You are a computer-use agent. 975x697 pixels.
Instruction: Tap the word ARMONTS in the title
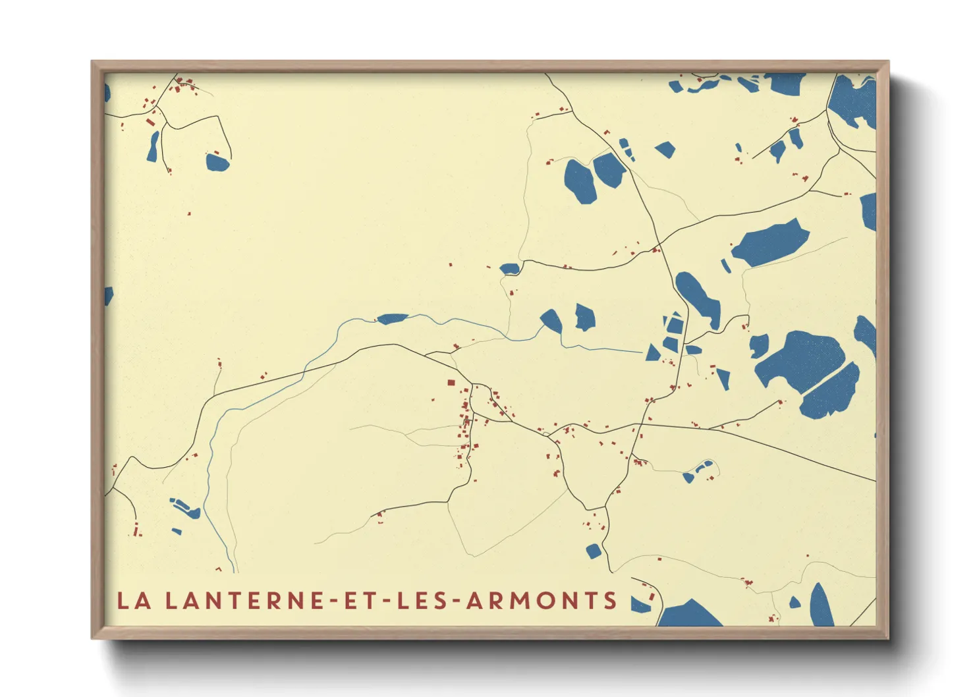(x=542, y=601)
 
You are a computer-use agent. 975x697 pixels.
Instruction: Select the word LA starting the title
(x=134, y=601)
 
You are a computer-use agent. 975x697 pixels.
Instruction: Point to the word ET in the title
(x=360, y=601)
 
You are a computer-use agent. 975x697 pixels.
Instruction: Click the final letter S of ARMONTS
(x=610, y=601)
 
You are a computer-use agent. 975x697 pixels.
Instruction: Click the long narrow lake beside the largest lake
(x=831, y=392)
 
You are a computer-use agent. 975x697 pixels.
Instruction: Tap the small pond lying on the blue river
(x=392, y=319)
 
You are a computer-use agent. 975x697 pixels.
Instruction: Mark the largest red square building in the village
(x=451, y=382)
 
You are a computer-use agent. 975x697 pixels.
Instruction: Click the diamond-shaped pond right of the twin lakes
(x=665, y=150)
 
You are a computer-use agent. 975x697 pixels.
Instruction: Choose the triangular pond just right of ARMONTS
(x=639, y=604)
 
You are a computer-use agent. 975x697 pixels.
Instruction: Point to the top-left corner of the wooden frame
(x=92, y=62)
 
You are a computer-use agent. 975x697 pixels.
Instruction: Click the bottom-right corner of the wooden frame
(x=887, y=638)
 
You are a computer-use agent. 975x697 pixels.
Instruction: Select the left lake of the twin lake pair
(x=580, y=181)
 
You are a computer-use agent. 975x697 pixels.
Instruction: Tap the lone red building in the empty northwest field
(x=189, y=213)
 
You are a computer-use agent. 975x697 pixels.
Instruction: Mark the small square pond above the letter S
(x=594, y=551)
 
